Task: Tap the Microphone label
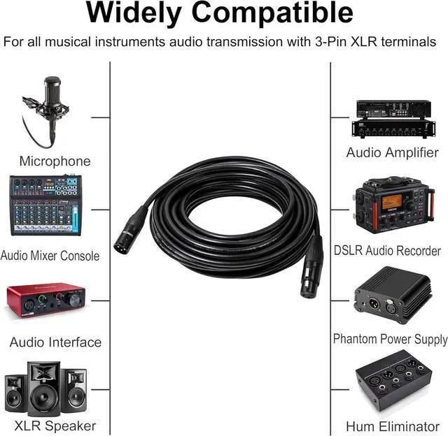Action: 55,161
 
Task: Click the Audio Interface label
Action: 55,342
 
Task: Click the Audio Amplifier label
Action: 393,152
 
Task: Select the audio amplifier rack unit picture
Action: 392,119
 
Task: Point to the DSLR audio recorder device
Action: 391,206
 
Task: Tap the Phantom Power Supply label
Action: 390,340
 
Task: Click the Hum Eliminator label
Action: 393,426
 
